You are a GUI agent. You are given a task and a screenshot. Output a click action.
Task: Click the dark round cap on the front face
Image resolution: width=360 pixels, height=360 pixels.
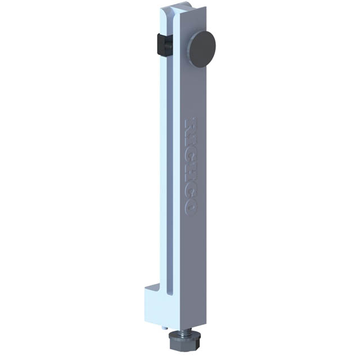(x=202, y=49)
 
